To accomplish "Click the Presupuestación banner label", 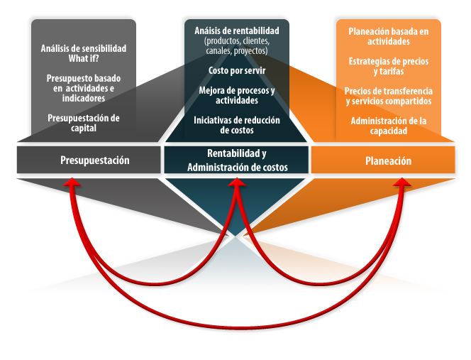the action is (x=95, y=160).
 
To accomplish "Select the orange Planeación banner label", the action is (x=388, y=161).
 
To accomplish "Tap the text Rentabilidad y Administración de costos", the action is (x=238, y=160).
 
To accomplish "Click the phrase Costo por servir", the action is (x=237, y=71).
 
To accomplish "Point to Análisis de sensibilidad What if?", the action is (x=84, y=53).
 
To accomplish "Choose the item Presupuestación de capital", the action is (x=84, y=123).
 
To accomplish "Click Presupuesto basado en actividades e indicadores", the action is (x=84, y=88).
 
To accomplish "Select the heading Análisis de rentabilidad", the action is (x=237, y=31).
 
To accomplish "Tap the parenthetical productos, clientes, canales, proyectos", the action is (x=237, y=45).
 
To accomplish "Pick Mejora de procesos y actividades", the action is (x=237, y=95).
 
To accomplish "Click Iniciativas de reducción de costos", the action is (x=237, y=125).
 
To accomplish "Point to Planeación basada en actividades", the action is (x=389, y=36).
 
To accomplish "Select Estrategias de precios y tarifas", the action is (x=389, y=66).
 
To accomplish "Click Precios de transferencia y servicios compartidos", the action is (x=389, y=96).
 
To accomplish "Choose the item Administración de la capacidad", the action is (x=389, y=126).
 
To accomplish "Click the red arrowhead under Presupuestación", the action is (x=72, y=182).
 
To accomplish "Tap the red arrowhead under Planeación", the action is (x=402, y=182).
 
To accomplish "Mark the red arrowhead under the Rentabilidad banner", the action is (x=237, y=182).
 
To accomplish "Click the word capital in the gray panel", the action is (x=84, y=129).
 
